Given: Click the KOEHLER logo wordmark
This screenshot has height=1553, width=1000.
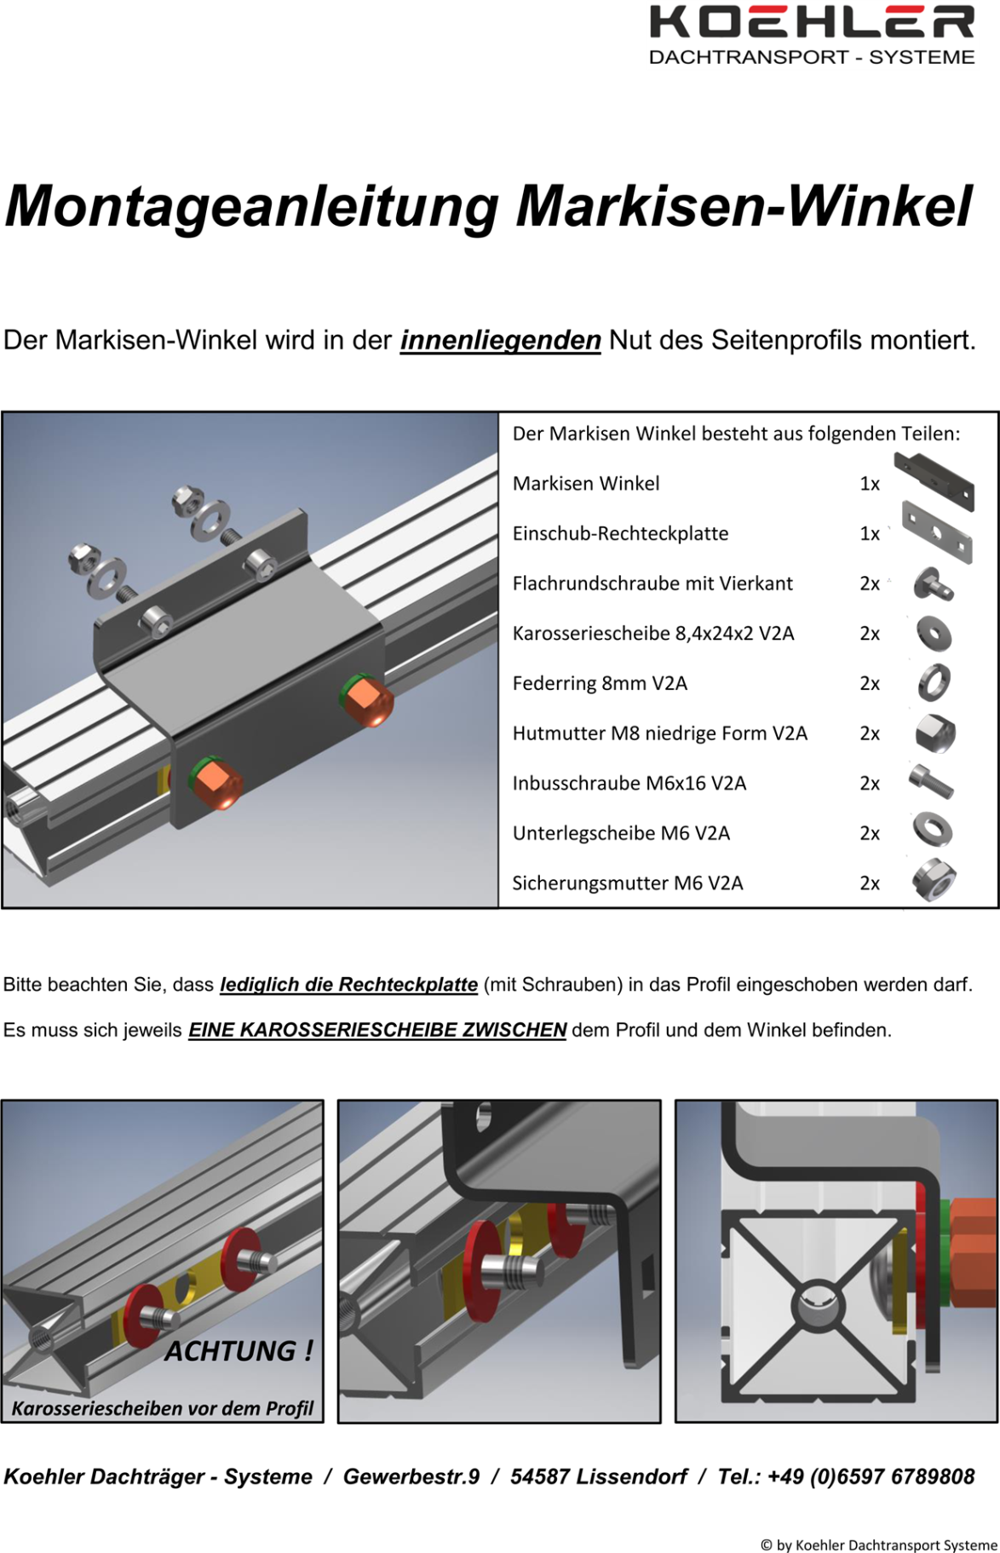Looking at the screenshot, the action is point(812,22).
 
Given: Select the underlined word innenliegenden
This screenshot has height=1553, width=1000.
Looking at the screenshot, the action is point(501,341).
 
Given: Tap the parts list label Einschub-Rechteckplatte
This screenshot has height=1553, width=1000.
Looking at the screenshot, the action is point(620,533).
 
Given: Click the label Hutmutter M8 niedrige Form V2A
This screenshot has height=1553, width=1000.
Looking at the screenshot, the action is point(659,733).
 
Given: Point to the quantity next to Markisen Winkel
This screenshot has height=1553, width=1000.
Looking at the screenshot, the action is point(870,484).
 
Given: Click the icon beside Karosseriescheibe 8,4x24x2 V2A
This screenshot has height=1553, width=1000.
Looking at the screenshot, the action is point(934,634).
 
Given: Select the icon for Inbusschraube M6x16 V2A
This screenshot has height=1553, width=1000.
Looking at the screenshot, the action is point(931,781).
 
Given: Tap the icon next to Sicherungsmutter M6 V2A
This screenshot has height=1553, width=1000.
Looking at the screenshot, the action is point(934,881).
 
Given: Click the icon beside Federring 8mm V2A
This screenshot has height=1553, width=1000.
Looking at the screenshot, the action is point(934,682).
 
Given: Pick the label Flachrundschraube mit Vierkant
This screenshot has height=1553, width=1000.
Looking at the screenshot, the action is point(652,584).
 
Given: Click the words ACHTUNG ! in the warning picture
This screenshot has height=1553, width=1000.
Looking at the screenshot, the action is point(239,1350).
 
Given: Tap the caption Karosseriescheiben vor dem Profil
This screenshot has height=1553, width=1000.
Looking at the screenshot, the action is point(163,1408).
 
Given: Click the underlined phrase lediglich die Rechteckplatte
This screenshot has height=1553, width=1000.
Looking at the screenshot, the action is point(349,985).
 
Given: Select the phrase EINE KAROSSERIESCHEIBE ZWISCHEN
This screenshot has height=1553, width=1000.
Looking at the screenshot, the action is point(377,1030).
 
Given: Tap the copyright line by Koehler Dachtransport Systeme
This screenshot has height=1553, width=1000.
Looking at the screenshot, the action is point(878,1544).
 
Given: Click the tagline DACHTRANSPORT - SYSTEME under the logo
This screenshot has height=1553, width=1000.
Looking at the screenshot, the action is point(812,57).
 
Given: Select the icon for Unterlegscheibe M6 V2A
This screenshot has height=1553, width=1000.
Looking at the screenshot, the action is point(933,831).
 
